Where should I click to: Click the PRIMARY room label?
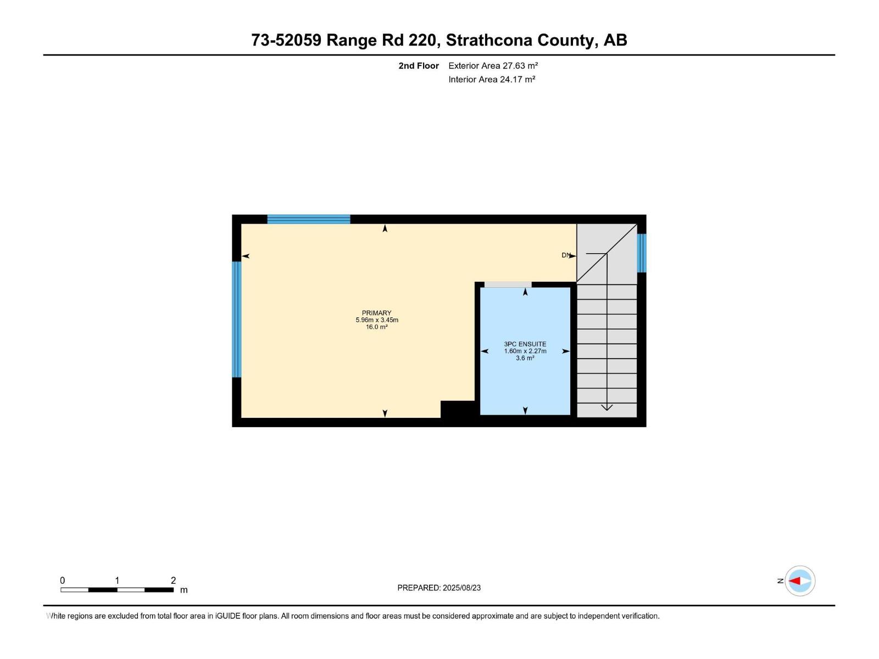tap(376, 313)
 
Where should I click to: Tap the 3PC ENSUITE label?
tap(525, 344)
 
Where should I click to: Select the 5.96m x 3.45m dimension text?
tap(377, 320)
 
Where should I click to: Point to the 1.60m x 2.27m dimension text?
tap(525, 351)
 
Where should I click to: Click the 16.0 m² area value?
tap(376, 327)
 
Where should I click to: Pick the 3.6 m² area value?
tap(525, 358)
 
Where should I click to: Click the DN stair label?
tap(566, 255)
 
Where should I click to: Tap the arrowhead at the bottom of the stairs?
tap(607, 407)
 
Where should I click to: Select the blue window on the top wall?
tap(309, 219)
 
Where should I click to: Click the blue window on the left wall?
tap(237, 319)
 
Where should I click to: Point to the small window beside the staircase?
tap(642, 253)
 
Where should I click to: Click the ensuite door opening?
tap(508, 284)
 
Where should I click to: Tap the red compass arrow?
tap(794, 580)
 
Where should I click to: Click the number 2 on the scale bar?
tap(174, 580)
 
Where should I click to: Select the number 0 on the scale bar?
tap(63, 580)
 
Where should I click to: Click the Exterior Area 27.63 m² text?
tap(493, 65)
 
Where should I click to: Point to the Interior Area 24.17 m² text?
tap(492, 79)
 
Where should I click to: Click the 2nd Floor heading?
tap(419, 65)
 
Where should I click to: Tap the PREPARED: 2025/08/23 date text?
tap(439, 588)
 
